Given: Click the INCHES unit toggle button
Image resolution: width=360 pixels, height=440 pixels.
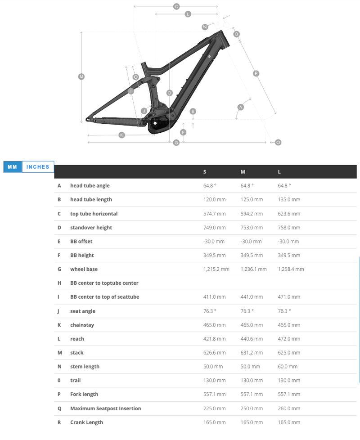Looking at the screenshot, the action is (38, 167).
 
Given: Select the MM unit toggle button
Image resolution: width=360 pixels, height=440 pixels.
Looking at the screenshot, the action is (12, 167).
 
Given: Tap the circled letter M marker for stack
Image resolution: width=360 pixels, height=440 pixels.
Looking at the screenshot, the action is (81, 76).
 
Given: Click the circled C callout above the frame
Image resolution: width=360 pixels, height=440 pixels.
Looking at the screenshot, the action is (176, 6).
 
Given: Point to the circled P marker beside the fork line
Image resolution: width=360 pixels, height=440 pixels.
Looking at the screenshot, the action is (256, 73).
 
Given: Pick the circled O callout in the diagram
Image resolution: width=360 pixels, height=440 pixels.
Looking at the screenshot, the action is (278, 143).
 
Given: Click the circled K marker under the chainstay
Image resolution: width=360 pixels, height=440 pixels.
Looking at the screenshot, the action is (121, 135).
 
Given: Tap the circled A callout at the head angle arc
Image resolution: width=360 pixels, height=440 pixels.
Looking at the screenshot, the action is (240, 107).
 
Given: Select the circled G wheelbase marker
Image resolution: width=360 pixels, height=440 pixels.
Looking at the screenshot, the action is (176, 143).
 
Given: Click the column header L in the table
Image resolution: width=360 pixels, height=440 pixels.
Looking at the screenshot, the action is (279, 172).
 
